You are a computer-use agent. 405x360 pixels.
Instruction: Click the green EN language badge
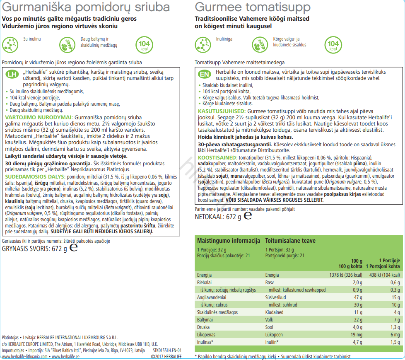[x=204, y=75]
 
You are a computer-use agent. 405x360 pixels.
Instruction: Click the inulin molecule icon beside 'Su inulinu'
[x=11, y=44]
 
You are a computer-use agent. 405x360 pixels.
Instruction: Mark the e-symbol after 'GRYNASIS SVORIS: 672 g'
[x=74, y=248]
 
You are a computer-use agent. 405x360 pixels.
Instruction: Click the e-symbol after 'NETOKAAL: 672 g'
[x=248, y=216]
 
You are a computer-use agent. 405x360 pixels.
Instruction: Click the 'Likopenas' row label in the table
[x=206, y=334]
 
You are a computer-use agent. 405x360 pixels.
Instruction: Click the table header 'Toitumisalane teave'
[x=290, y=241]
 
